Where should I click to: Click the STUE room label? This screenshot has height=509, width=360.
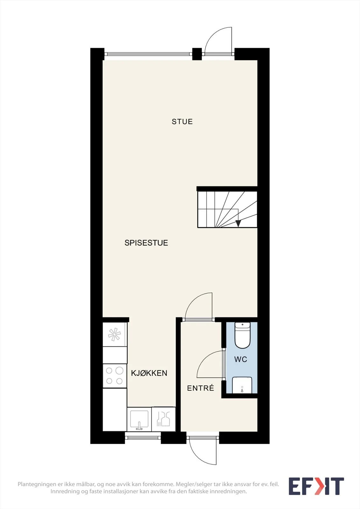[x=182, y=122]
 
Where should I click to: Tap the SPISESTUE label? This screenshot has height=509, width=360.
[x=146, y=243]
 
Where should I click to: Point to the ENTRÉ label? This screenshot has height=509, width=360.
[x=201, y=388]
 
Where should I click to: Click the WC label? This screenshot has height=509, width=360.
[x=241, y=359]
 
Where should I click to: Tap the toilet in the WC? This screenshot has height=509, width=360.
[x=243, y=335]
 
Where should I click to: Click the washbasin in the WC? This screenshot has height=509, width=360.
[x=242, y=385]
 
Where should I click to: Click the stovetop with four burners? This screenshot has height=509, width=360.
[x=115, y=376]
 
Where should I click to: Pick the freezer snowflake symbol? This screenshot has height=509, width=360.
[x=114, y=334]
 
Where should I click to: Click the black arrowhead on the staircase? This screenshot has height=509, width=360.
[x=238, y=224]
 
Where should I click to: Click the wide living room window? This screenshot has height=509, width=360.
[x=148, y=54]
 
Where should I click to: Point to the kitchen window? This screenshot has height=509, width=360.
[x=143, y=438]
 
